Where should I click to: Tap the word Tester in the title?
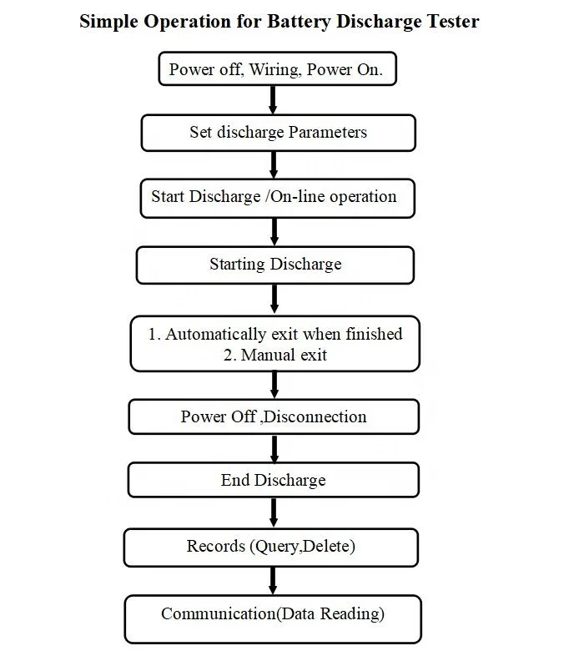[451, 22]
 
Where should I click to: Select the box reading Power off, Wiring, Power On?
[276, 69]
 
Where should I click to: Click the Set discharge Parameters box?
[278, 133]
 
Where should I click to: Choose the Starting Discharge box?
[274, 265]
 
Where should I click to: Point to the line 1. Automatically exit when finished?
[275, 334]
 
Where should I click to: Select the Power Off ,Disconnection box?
[274, 416]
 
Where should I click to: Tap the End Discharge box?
[273, 480]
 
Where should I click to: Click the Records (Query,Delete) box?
[271, 547]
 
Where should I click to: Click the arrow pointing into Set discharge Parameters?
[273, 100]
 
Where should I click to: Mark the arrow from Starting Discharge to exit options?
[274, 299]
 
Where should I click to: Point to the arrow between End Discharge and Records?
[273, 512]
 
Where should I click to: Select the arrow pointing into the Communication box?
[273, 580]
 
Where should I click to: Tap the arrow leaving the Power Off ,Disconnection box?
[274, 449]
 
